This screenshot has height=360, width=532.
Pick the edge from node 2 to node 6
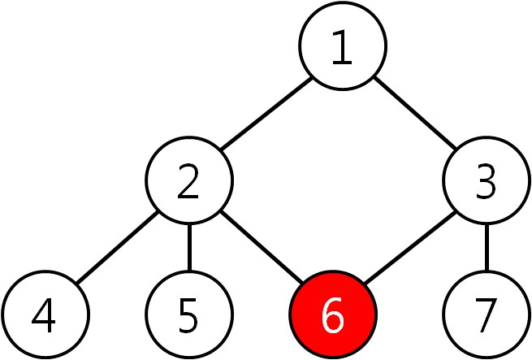262,251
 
